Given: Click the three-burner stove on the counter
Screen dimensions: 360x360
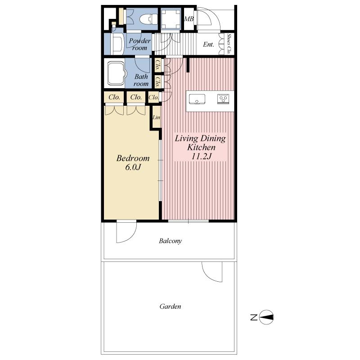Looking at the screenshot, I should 223,99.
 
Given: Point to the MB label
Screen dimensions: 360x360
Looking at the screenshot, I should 189,19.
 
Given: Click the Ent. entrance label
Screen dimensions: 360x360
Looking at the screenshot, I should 208,45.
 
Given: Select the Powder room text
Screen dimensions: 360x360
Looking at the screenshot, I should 139,44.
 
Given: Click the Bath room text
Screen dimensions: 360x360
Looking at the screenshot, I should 141,80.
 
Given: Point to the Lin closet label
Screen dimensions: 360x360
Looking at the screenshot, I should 156,117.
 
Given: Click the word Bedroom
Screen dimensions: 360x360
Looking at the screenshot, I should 133,158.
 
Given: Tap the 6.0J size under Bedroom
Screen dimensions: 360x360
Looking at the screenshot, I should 133,168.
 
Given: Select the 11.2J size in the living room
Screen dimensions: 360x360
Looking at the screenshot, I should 200,156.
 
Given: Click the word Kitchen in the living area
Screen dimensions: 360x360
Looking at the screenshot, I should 201,147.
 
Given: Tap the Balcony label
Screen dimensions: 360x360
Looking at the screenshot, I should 170,241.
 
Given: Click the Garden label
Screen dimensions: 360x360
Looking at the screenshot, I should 170,306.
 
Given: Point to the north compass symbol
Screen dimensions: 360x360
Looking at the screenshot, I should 267,317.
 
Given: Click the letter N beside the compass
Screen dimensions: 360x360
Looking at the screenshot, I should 253,318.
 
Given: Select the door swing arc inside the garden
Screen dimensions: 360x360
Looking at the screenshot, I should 212,272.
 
